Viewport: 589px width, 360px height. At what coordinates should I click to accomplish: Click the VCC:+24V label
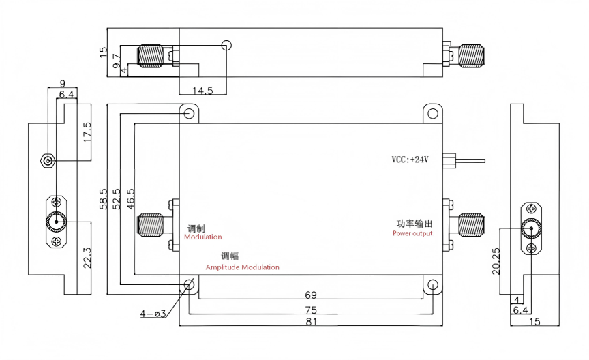[x=410, y=160]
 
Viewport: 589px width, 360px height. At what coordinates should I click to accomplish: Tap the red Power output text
[x=412, y=233]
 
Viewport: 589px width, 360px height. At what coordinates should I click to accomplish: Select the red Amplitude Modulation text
[x=242, y=267]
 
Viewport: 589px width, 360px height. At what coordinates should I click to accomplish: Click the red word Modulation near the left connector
[x=203, y=237]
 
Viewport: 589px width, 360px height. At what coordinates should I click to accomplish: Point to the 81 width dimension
[x=312, y=322]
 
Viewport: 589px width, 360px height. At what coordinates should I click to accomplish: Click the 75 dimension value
[x=311, y=310]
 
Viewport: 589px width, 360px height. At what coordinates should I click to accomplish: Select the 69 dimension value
[x=311, y=295]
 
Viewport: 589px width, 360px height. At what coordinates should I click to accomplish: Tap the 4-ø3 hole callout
[x=153, y=314]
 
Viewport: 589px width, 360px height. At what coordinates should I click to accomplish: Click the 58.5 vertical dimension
[x=104, y=199]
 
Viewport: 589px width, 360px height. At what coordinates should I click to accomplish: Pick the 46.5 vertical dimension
[x=131, y=199]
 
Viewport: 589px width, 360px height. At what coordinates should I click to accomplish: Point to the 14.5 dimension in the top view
[x=202, y=91]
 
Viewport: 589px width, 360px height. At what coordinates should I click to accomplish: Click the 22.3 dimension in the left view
[x=87, y=258]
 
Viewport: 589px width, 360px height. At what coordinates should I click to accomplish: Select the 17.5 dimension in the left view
[x=87, y=132]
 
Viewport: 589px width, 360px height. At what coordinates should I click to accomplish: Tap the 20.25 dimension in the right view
[x=496, y=260]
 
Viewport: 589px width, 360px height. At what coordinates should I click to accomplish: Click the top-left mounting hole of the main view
[x=189, y=113]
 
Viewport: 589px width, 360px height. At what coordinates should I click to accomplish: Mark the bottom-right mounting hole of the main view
[x=433, y=285]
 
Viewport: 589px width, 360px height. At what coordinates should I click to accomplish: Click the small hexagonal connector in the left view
[x=48, y=161]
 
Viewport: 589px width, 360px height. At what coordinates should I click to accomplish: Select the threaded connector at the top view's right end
[x=470, y=57]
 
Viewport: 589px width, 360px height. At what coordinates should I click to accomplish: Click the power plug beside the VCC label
[x=449, y=160]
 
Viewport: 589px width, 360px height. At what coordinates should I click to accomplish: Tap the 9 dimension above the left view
[x=62, y=83]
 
